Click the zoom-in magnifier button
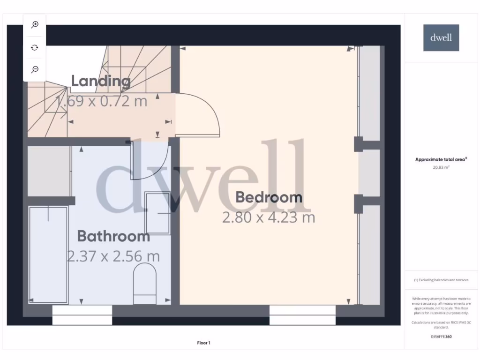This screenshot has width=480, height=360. pyautogui.click(x=35, y=25)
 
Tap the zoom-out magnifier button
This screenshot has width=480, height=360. pyautogui.click(x=35, y=69)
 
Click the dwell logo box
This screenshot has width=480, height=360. pyautogui.click(x=441, y=37)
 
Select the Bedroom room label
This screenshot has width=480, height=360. pyautogui.click(x=269, y=197)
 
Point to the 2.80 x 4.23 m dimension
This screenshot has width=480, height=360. pyautogui.click(x=269, y=217)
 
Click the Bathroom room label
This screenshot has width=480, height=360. pyautogui.click(x=113, y=236)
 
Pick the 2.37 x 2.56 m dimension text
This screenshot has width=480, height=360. pyautogui.click(x=113, y=256)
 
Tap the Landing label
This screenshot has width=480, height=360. pyautogui.click(x=101, y=81)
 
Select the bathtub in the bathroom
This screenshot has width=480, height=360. pyautogui.click(x=48, y=254)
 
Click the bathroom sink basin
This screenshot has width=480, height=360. pyautogui.click(x=157, y=213)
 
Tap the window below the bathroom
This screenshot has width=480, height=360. pyautogui.click(x=82, y=315)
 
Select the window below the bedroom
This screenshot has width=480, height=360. pyautogui.click(x=302, y=315)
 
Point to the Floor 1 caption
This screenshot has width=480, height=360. pyautogui.click(x=203, y=343)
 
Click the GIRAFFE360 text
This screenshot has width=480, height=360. pyautogui.click(x=441, y=337)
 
